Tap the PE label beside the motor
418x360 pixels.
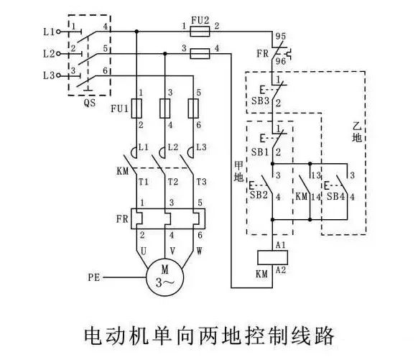pos(94,277)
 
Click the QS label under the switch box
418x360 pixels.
pos(90,103)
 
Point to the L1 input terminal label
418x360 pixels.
pos(49,32)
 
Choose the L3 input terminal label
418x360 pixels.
pos(49,75)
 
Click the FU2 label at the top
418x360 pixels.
pos(200,20)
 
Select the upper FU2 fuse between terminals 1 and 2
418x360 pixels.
pos(200,32)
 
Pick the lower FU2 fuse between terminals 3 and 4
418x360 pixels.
pos(200,54)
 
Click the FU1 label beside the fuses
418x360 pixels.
pos(120,109)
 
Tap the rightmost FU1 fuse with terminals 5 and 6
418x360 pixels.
pos(193,109)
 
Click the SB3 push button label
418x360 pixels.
pos(261,101)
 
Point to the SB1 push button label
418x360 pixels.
pos(260,152)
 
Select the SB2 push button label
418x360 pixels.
pos(259,195)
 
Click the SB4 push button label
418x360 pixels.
pos(335,197)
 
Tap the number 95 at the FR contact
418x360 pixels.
pos(281,36)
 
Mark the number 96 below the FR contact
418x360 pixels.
pos(281,61)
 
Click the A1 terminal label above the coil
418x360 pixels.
pos(280,245)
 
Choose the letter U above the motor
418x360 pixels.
pos(144,251)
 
